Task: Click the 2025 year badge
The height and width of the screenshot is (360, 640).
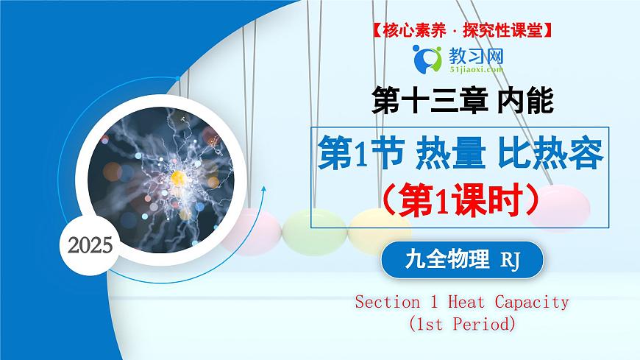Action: point(90,244)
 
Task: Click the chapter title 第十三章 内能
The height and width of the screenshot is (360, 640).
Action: point(463,100)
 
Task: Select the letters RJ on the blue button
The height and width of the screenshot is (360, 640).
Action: point(510,261)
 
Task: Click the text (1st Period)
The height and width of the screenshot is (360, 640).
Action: point(462,322)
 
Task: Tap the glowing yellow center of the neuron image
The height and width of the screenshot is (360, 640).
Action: point(177,177)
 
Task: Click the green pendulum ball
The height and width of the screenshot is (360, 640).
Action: point(309,227)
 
